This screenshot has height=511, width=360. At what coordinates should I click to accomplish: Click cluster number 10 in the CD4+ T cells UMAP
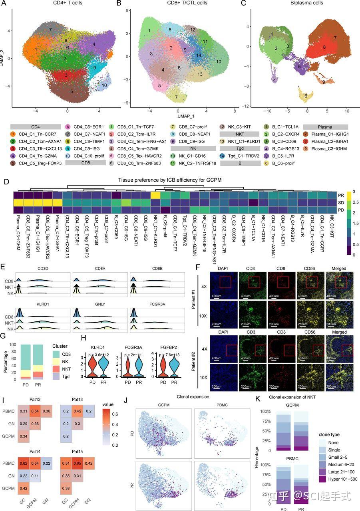(x=104, y=85)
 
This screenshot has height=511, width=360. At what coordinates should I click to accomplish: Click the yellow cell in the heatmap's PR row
(x=156, y=195)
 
